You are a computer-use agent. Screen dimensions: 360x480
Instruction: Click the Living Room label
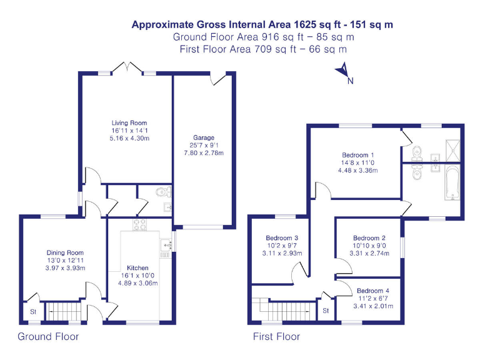click(x=129, y=123)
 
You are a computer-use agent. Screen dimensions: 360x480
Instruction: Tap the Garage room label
click(x=204, y=137)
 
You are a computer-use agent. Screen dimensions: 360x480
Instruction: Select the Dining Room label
click(x=65, y=252)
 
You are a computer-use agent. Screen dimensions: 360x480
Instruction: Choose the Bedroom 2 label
click(x=369, y=238)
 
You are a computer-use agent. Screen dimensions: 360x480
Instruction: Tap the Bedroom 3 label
click(x=282, y=238)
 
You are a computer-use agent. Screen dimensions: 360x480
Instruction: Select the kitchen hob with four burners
click(x=138, y=224)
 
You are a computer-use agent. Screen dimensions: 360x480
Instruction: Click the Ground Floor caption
click(x=48, y=337)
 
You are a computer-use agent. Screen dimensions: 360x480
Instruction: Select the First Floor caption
click(x=276, y=337)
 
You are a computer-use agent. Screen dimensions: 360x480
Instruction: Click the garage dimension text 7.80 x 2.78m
click(x=204, y=153)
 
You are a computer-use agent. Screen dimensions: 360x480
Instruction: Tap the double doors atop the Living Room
click(x=127, y=67)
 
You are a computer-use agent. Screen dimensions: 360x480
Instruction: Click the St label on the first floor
click(x=326, y=311)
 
